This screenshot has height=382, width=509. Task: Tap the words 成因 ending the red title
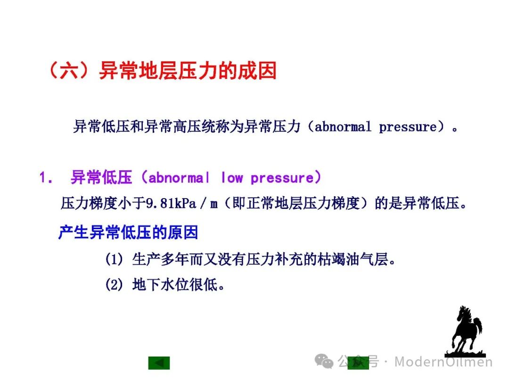pos(257,70)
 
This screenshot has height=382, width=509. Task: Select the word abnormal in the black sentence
pos(343,126)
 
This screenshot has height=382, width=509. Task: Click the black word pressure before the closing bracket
pos(408,127)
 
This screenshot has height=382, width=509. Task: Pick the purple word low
pos(232,177)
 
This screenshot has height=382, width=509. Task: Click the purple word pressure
pos(282,178)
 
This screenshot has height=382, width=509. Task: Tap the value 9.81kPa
pos(171,204)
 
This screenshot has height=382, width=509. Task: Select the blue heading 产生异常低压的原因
pos(128,233)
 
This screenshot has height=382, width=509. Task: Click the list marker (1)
pos(114,259)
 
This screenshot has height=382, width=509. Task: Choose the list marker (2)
pos(114,285)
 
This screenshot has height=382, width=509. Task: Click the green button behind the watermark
pos(358,363)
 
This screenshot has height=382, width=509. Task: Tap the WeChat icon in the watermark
pos(324,361)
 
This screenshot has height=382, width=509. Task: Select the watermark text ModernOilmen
pos(443,362)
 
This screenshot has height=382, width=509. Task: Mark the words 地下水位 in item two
pos(153,285)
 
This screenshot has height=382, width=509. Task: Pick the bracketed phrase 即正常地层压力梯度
pos(296,204)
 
